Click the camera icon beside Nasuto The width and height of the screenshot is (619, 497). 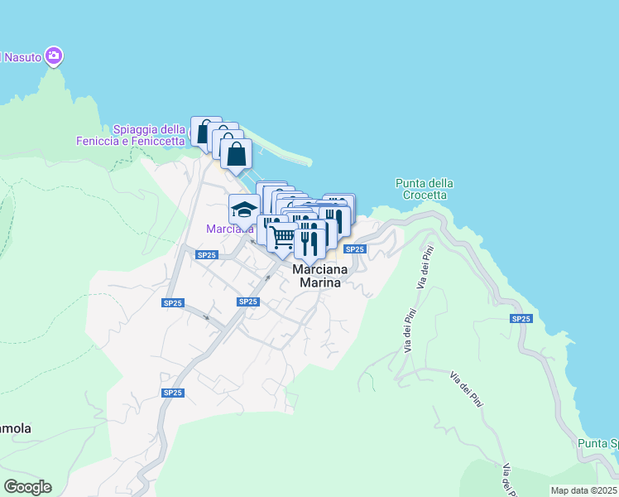pyautogui.click(x=55, y=55)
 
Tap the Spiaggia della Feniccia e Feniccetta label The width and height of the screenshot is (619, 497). pyautogui.click(x=149, y=135)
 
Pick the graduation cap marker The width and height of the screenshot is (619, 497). pyautogui.click(x=244, y=208)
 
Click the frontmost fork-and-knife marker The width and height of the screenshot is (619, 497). pyautogui.click(x=309, y=240)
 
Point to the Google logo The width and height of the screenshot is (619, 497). pyautogui.click(x=27, y=486)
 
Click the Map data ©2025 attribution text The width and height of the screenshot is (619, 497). pyautogui.click(x=584, y=490)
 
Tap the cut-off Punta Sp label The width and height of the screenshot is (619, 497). pyautogui.click(x=599, y=444)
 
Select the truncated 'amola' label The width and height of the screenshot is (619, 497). pyautogui.click(x=15, y=429)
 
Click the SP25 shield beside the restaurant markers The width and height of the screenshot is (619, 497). pyautogui.click(x=355, y=249)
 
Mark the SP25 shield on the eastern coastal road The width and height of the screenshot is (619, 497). pyautogui.click(x=521, y=318)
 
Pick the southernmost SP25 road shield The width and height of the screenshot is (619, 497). pyautogui.click(x=172, y=393)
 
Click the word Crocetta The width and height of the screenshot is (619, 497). pyautogui.click(x=425, y=195)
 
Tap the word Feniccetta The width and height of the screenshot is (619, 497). pyautogui.click(x=177, y=141)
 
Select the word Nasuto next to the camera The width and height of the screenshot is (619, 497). pyautogui.click(x=22, y=57)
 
